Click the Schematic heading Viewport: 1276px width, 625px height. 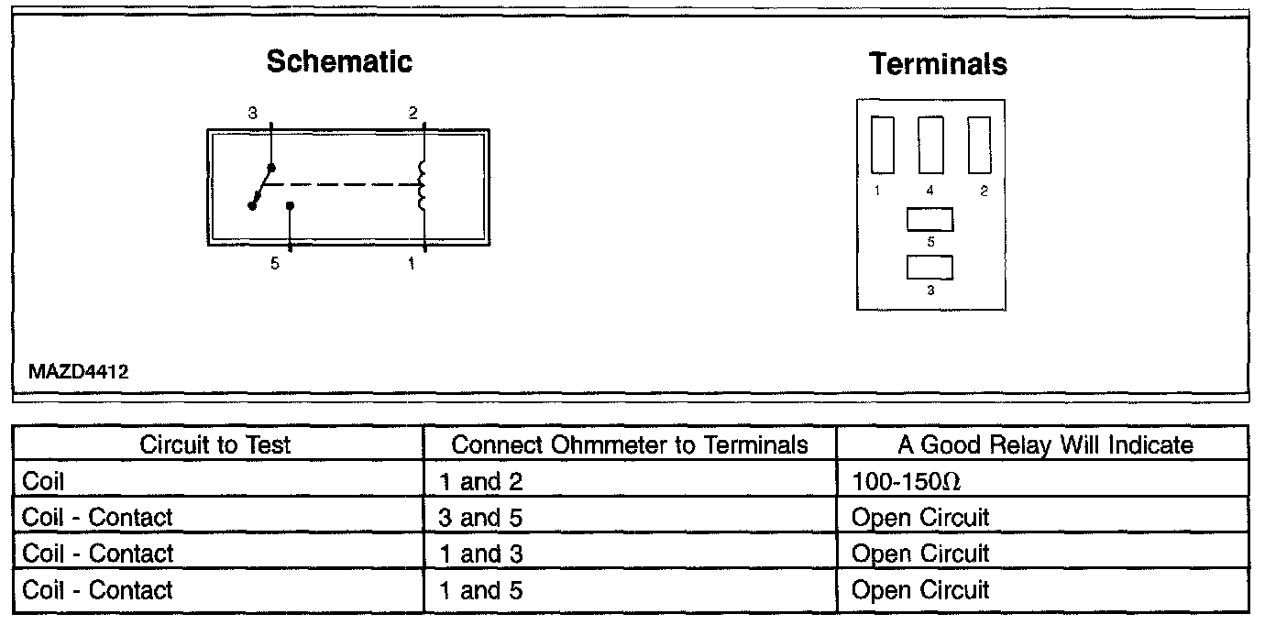click(339, 61)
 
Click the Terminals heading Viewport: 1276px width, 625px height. click(938, 64)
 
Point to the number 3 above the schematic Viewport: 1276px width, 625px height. click(252, 114)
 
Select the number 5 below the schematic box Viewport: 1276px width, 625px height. click(275, 264)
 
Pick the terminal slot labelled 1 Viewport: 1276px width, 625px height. click(883, 145)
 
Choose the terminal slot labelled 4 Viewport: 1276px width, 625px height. click(930, 145)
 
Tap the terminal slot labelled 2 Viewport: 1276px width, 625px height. click(979, 145)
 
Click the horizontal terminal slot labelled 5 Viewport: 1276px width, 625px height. click(929, 220)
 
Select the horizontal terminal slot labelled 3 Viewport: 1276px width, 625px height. click(929, 267)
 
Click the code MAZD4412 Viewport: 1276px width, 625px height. click(78, 373)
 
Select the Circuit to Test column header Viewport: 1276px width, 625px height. click(215, 444)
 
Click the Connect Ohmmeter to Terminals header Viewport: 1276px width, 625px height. click(630, 444)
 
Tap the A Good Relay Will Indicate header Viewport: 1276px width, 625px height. click(1045, 444)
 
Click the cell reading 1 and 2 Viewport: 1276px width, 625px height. click(480, 482)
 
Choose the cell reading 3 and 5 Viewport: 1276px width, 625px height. click(480, 518)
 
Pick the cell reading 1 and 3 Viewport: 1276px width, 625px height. click(480, 554)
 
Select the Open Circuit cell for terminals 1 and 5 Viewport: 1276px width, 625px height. click(920, 590)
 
